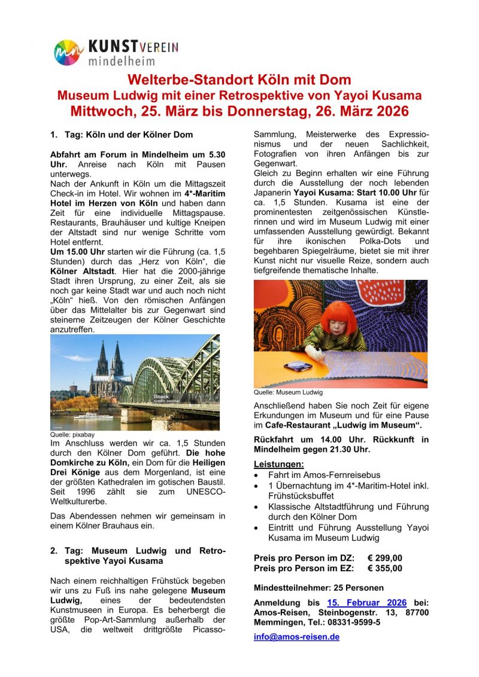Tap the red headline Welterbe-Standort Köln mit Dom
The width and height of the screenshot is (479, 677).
239,80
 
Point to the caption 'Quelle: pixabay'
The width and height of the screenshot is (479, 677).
72,435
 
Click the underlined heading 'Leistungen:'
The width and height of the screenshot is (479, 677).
278,463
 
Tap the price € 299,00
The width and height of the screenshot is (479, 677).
385,558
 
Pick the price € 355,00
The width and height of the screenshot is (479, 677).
385,568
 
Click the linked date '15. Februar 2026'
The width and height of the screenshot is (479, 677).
367,603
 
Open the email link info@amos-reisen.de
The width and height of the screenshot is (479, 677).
296,636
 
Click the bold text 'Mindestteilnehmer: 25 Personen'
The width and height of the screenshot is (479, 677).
319,587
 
